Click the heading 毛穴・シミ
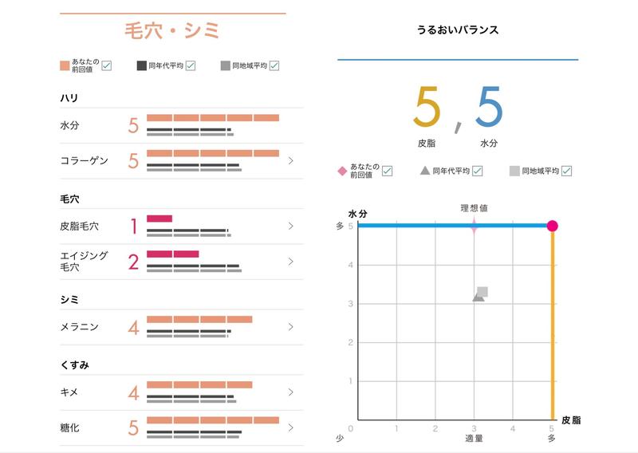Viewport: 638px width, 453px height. pyautogui.click(x=172, y=31)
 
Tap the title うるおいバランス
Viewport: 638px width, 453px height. pyautogui.click(x=458, y=30)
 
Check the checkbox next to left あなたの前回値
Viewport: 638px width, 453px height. pyautogui.click(x=106, y=65)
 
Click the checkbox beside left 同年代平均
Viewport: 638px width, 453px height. pyautogui.click(x=191, y=65)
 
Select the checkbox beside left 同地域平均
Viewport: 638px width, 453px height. pyautogui.click(x=274, y=65)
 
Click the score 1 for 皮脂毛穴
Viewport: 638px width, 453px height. pyautogui.click(x=133, y=226)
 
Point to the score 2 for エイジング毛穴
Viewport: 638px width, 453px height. pyautogui.click(x=133, y=262)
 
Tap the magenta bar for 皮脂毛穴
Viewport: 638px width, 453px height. pyautogui.click(x=159, y=218)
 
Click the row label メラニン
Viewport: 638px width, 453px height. pyautogui.click(x=79, y=327)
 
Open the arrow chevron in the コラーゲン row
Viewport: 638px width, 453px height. pyautogui.click(x=291, y=161)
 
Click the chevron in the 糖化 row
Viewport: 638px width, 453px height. pyautogui.click(x=291, y=427)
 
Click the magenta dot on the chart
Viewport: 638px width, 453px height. pyautogui.click(x=553, y=226)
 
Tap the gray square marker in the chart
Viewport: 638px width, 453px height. pyautogui.click(x=482, y=292)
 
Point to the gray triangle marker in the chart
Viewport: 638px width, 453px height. pyautogui.click(x=477, y=297)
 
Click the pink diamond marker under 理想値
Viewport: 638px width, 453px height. pyautogui.click(x=475, y=226)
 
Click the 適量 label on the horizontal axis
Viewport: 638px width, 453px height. pyautogui.click(x=475, y=439)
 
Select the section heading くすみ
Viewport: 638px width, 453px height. pyautogui.click(x=74, y=364)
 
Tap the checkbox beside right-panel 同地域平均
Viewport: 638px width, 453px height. pyautogui.click(x=566, y=171)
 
